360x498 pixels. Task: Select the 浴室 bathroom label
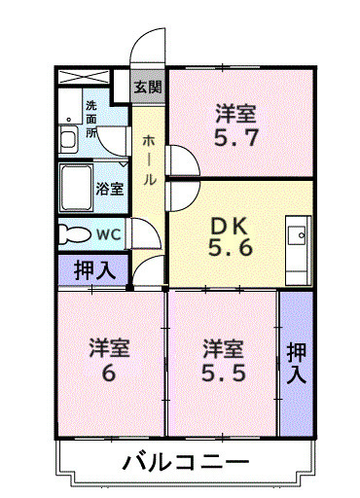[108, 189]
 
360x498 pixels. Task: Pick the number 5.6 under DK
[232, 248]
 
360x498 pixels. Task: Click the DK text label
[232, 225]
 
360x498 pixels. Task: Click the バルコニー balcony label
[186, 461]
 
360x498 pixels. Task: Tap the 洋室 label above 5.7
[235, 113]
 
